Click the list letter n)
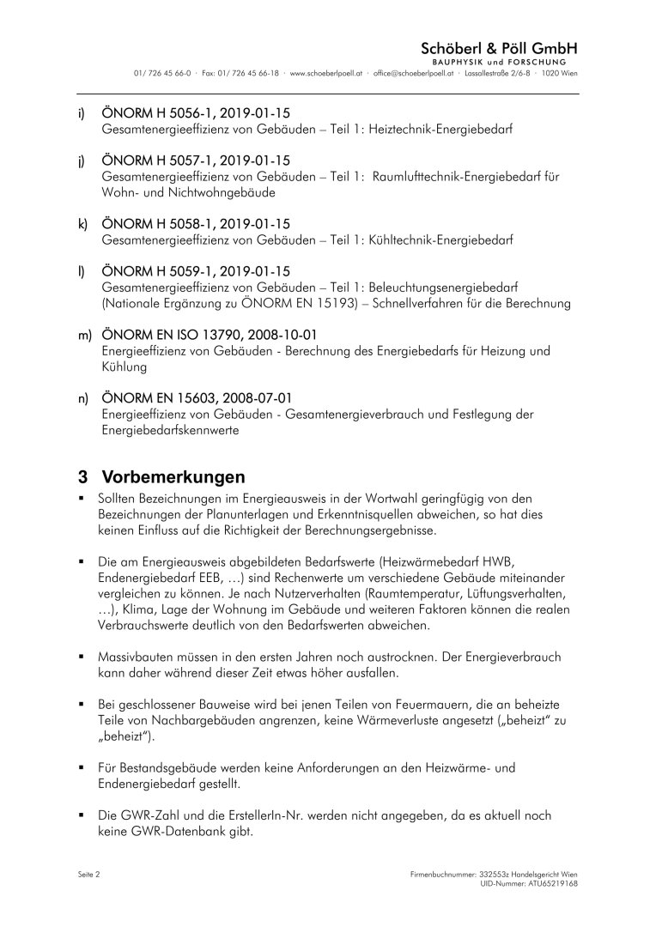pyautogui.click(x=83, y=397)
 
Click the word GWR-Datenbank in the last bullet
pyautogui.click(x=183, y=830)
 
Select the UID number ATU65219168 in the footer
pyautogui.click(x=544, y=882)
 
